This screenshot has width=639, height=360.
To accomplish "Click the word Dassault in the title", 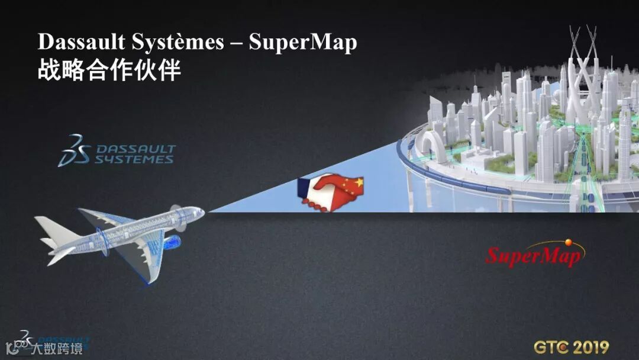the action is tap(83, 43).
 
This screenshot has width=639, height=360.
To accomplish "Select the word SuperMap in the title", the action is tap(303, 43).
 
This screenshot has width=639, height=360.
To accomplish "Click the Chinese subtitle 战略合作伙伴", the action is tap(109, 70).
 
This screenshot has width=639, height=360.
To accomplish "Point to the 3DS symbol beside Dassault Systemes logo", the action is tap(73, 150).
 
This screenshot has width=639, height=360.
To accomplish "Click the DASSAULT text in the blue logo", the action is tap(135, 149).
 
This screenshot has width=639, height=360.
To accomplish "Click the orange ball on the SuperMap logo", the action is tap(569, 242).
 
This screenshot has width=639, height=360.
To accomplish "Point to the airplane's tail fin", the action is tap(47, 227).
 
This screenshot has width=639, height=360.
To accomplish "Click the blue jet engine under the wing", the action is tap(172, 242).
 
